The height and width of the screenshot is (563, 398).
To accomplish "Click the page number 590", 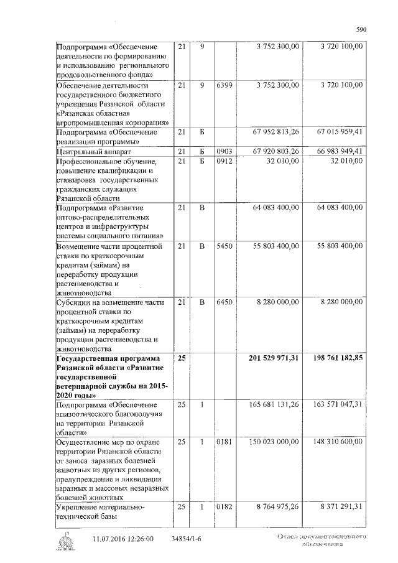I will click(x=360, y=29).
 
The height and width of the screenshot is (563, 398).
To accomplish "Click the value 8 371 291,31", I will click(x=341, y=508).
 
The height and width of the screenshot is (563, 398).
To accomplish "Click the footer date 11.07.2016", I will click(x=109, y=539).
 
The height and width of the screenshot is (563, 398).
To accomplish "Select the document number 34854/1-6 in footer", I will click(x=187, y=539).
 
